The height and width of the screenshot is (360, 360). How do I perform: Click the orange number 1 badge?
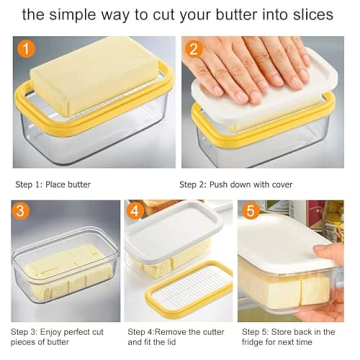tap(26, 48)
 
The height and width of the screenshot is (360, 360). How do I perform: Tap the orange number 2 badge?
tap(195, 48)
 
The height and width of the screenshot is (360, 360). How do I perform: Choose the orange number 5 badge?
tap(250, 212)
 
